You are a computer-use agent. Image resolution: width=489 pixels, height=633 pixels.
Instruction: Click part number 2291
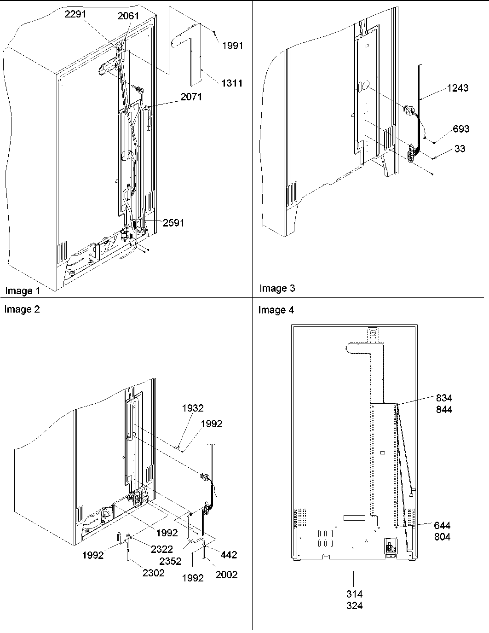coord(75,14)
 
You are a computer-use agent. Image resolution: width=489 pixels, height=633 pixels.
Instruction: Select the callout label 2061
coord(128,17)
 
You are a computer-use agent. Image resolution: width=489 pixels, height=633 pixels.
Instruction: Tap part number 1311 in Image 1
coord(232,83)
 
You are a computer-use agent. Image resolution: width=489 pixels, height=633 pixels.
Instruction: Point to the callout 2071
coord(191,97)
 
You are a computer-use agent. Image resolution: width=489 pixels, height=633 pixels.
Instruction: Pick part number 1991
coord(233,46)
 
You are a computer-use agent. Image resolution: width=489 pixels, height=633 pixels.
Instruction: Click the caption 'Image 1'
coord(23,291)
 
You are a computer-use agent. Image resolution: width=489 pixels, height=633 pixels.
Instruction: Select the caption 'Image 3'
coord(277,289)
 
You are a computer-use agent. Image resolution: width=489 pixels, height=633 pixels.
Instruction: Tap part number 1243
coord(457,88)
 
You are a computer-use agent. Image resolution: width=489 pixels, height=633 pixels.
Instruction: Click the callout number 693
coord(461,129)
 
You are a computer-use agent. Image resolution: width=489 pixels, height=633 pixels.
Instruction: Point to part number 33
coord(460,149)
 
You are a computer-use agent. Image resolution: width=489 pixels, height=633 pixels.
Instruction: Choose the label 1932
coord(193,408)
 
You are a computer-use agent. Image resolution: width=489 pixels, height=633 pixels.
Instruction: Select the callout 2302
coord(153,573)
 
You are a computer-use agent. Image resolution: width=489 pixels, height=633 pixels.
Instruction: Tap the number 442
coord(229,555)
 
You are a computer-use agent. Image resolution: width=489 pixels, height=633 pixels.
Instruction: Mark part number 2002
coord(226,574)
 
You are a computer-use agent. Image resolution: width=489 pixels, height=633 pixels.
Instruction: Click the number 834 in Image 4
coord(444,398)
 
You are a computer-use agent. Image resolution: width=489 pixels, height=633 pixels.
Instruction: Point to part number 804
coord(442,537)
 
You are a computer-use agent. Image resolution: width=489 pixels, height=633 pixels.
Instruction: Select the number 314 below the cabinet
coord(354,594)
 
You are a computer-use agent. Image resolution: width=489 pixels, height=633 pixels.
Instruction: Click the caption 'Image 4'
coord(276,310)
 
